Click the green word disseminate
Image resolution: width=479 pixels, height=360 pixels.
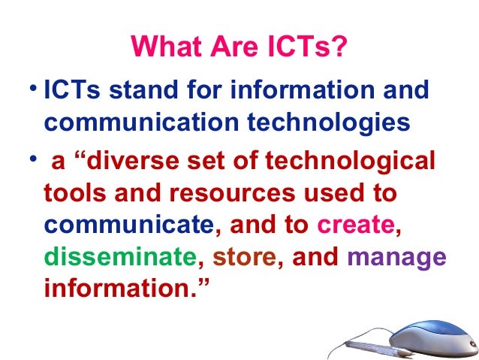119,257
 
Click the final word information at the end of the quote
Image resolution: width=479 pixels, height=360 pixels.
119,289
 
